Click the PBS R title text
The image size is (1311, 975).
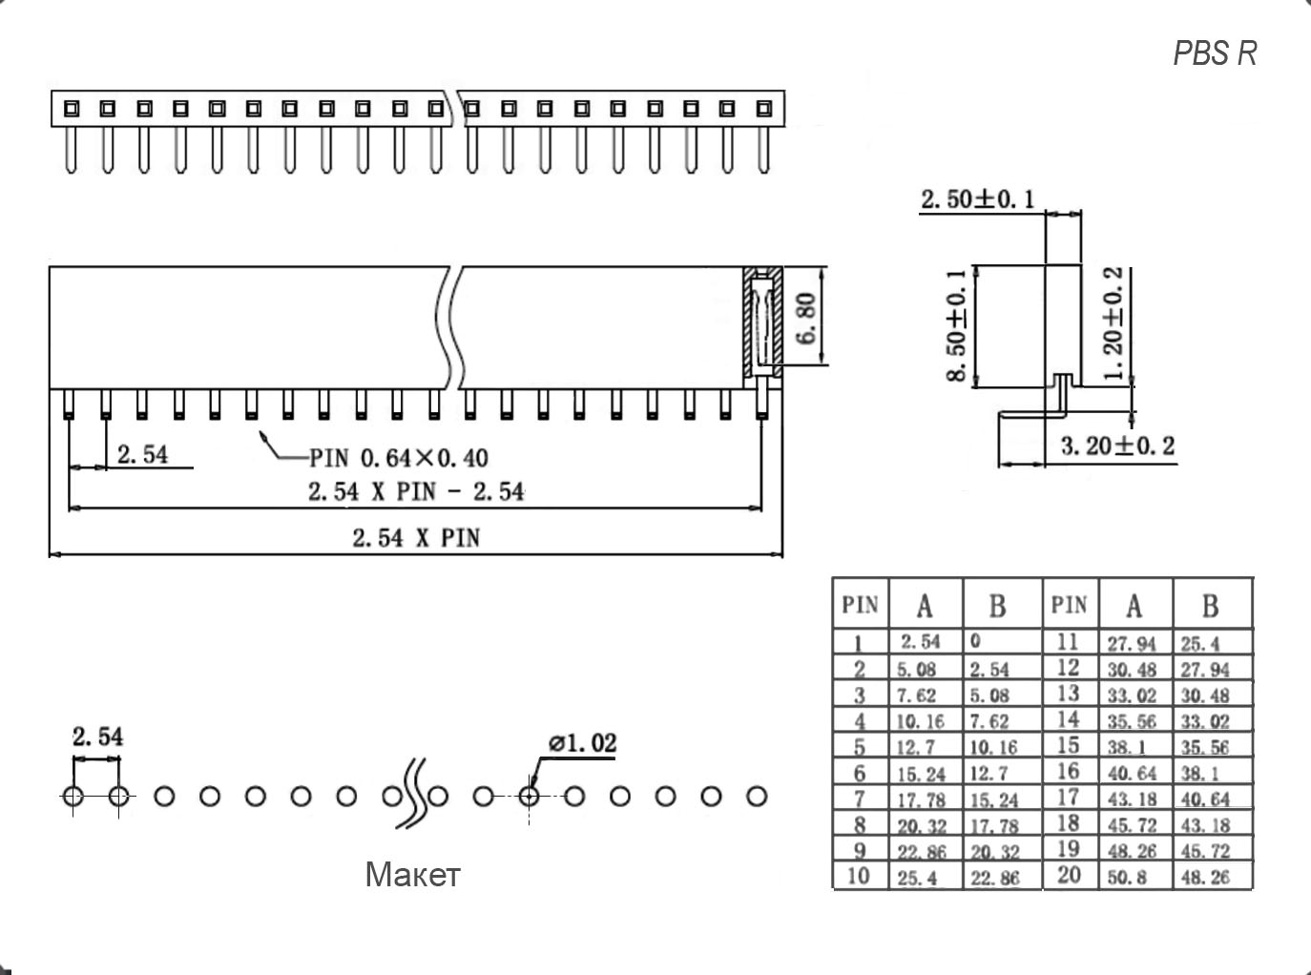(x=1215, y=53)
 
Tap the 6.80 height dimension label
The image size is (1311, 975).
(x=806, y=319)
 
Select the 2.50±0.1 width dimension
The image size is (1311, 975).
(x=977, y=199)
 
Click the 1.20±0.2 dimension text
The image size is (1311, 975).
(x=1113, y=324)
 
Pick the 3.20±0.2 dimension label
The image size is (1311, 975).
(x=1117, y=446)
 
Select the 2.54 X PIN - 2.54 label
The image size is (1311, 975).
(x=415, y=491)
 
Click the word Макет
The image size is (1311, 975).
(x=412, y=874)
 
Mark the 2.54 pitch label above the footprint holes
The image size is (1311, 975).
(x=97, y=736)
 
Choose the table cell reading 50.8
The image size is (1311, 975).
(x=1128, y=877)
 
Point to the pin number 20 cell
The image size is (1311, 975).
(x=1070, y=875)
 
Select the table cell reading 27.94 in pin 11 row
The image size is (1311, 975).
(x=1132, y=644)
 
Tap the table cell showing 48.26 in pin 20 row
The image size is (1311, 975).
(x=1206, y=877)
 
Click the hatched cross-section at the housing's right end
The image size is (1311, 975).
(x=762, y=322)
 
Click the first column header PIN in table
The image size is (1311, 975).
(x=860, y=605)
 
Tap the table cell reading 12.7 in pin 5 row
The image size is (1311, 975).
(x=917, y=747)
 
